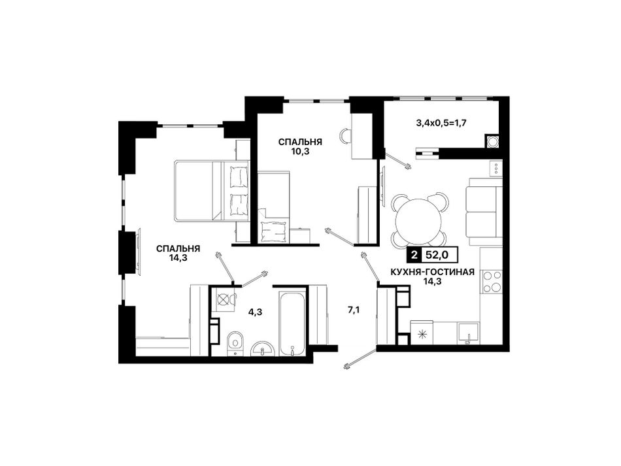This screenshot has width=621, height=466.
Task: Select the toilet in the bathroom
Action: tap(235, 342)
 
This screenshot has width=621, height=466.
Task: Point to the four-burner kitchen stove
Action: tap(491, 282)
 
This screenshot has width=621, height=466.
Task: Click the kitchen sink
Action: tap(468, 333)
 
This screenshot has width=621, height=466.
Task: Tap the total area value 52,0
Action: tap(437, 256)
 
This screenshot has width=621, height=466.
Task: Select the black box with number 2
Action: tap(414, 256)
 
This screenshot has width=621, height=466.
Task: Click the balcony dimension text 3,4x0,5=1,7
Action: tap(441, 123)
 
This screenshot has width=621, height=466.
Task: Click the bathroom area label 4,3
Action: tap(255, 312)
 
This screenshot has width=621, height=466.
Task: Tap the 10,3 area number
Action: tap(299, 151)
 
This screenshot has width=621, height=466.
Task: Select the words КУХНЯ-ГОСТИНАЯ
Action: tap(432, 272)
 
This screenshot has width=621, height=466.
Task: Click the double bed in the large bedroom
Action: tap(212, 190)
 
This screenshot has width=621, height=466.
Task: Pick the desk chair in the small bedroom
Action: tap(346, 136)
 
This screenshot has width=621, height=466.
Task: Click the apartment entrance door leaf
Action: tap(360, 357)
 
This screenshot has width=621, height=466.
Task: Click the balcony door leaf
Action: tap(397, 160)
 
